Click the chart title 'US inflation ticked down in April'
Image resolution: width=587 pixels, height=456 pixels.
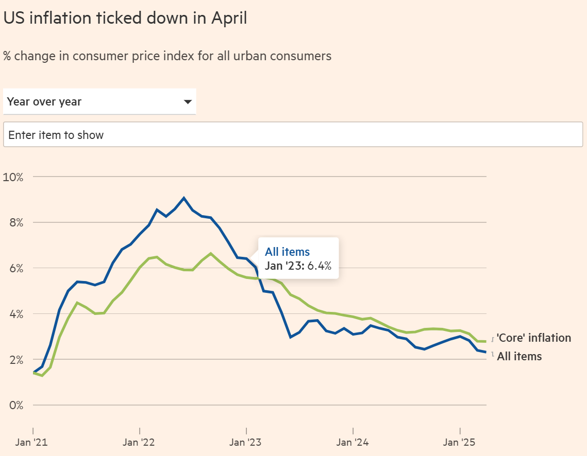(125, 18)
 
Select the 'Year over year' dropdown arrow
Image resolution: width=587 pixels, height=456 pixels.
(188, 102)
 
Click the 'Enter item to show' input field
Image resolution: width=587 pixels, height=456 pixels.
(293, 134)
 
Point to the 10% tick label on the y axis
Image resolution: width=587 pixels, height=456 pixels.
(13, 177)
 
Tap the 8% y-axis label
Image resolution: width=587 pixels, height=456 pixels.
(16, 223)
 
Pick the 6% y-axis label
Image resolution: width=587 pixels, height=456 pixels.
(16, 268)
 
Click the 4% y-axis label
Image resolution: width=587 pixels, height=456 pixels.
(16, 314)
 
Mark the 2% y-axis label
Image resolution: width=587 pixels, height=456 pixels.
(16, 360)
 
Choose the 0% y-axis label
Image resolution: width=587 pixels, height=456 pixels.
(16, 406)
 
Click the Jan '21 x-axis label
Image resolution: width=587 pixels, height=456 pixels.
(31, 443)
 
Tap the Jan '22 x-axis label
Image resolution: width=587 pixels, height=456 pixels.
(139, 443)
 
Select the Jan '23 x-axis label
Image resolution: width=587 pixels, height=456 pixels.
(245, 443)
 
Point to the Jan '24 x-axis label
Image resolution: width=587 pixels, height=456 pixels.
(353, 443)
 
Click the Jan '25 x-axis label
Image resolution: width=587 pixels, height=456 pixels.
(459, 443)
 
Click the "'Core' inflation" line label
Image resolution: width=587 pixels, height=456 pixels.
(534, 338)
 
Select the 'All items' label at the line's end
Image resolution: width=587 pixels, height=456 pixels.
(519, 356)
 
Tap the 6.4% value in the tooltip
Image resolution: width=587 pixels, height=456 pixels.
(320, 266)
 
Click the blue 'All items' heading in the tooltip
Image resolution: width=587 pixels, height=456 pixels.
(288, 252)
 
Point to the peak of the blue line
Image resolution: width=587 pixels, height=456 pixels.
(184, 198)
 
